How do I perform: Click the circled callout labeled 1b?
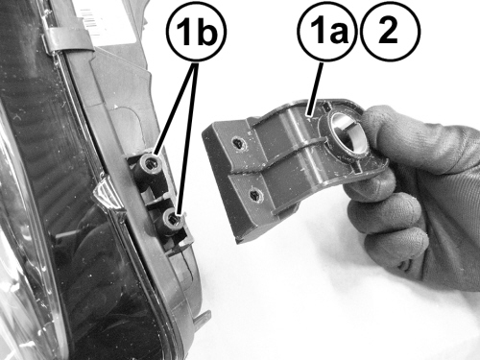tap(196, 31)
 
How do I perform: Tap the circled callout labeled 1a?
tap(328, 31)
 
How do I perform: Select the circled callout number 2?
tap(390, 31)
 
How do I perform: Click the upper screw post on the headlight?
tap(149, 167)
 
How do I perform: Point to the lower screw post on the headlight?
tap(171, 222)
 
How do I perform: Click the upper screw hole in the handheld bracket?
tap(239, 143)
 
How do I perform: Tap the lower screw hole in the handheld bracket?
tap(255, 195)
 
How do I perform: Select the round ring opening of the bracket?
tap(348, 132)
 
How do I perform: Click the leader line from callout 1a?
tap(315, 88)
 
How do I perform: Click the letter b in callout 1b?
tap(208, 31)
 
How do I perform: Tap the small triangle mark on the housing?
tap(116, 106)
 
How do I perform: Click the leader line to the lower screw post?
tap(189, 138)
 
